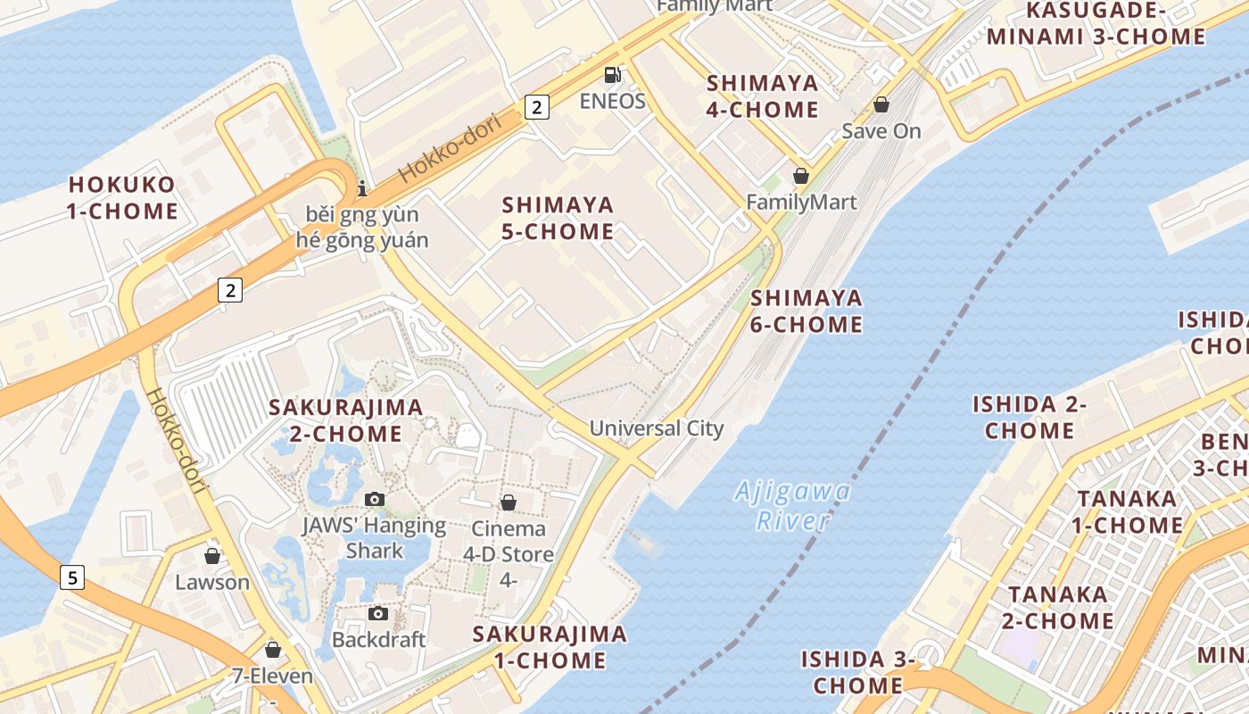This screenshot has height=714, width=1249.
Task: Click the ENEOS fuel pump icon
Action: pos(612,75)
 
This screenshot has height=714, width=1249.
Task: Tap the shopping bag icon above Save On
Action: pos(881,104)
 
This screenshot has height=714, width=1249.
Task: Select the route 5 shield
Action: pos(72,577)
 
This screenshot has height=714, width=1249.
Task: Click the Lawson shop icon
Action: pos(212,556)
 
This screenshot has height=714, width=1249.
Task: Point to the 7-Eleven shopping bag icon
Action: pos(273,650)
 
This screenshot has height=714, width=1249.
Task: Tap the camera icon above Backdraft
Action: pos(378,613)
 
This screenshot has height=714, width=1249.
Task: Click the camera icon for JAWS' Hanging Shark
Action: pos(375,499)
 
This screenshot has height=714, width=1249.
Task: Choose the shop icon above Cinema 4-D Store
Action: pos(509,502)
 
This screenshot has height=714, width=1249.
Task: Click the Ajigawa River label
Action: pos(792,506)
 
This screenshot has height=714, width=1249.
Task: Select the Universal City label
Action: pos(657,428)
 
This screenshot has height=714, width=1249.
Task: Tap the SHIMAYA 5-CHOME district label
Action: pos(558,219)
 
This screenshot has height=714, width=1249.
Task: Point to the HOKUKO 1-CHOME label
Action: pos(123,198)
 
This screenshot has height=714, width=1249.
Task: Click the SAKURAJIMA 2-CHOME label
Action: pos(346,420)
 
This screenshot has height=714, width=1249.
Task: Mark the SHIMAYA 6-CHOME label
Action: pos(806,311)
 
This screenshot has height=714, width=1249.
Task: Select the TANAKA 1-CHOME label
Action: pos(1127,511)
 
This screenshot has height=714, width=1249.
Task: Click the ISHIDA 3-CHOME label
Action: pos(858,672)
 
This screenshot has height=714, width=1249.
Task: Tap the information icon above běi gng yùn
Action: pos(362,188)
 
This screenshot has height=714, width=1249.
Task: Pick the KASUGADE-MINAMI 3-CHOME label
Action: pos(1096,23)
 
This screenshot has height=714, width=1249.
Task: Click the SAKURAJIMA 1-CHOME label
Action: pos(550,647)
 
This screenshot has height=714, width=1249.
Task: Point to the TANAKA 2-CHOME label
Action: pos(1058,607)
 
